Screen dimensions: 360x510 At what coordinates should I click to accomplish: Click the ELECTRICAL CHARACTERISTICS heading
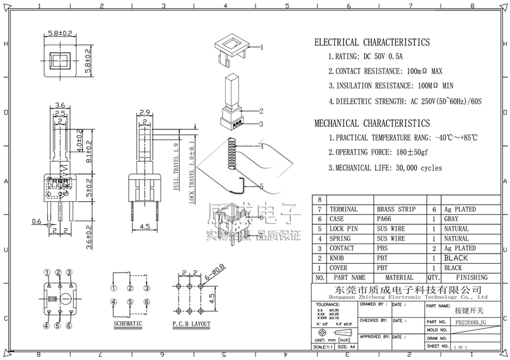(372, 43)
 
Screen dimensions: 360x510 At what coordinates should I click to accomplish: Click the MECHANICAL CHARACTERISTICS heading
(372, 123)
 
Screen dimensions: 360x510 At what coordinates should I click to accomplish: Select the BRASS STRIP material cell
(395, 209)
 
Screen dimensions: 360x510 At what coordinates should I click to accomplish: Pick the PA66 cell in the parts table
(386, 219)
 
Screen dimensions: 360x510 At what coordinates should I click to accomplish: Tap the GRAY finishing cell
(451, 219)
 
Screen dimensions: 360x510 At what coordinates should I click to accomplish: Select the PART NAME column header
(350, 278)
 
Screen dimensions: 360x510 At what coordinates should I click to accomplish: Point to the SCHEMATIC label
(127, 324)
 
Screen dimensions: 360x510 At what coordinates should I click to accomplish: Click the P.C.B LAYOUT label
(191, 324)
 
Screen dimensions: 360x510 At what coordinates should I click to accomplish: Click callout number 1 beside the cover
(261, 47)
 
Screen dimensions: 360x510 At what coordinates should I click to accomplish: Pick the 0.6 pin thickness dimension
(37, 222)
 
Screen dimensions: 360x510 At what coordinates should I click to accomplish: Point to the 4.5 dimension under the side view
(145, 226)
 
